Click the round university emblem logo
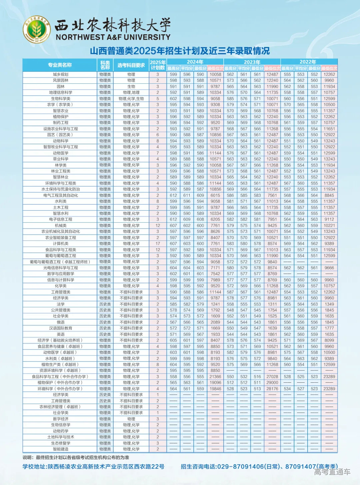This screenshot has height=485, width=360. (37, 29)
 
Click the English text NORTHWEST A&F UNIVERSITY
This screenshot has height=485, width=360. (113, 37)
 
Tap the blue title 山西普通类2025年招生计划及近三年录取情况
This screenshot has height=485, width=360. (180, 51)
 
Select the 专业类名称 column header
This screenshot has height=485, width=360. (60, 65)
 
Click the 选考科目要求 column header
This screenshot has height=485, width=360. (131, 65)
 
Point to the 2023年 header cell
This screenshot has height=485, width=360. (252, 62)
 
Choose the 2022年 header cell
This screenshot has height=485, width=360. (308, 62)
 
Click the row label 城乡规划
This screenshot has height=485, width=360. (61, 74)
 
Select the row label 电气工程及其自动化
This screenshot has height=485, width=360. (61, 195)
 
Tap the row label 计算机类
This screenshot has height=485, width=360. (61, 244)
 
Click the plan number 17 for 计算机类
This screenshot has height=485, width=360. (158, 244)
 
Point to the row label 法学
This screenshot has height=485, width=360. (61, 304)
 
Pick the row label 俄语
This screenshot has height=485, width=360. (61, 322)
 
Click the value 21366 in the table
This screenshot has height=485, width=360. (215, 377)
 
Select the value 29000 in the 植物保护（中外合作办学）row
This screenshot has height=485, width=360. (272, 383)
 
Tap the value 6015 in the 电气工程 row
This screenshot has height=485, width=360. (215, 195)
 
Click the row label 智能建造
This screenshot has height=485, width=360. (61, 449)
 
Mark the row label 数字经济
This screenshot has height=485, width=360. (61, 419)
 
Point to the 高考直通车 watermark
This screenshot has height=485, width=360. (332, 472)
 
